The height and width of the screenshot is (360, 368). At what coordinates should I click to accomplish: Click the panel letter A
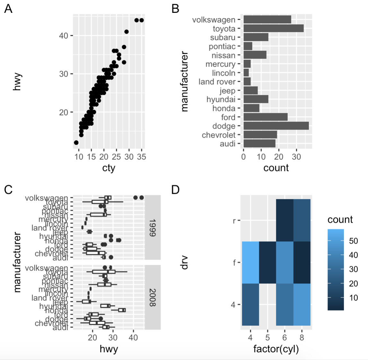coord(8,9)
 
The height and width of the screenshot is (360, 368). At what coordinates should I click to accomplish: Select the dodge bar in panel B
coord(276,126)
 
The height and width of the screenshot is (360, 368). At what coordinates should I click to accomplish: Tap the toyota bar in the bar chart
coord(273,28)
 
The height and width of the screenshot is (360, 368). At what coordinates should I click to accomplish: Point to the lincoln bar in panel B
coord(246,73)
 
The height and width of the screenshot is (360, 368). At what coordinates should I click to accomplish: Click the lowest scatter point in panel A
coord(76,142)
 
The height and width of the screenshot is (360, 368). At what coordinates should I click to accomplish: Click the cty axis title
coord(109,168)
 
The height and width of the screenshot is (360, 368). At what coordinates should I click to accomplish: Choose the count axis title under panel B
coord(276,168)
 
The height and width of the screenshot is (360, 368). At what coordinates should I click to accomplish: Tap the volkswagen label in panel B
coord(214,20)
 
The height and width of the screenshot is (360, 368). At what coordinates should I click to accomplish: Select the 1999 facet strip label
coord(153,228)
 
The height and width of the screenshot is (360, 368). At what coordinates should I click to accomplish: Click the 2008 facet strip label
coord(153,297)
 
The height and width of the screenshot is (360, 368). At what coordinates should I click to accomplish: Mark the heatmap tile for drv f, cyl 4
coord(250,262)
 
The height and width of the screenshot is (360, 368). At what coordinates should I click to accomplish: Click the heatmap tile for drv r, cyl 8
coord(302,220)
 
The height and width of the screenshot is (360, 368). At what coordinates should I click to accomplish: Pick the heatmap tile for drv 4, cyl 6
coord(285,304)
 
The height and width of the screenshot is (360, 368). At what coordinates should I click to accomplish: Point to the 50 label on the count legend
coord(353,241)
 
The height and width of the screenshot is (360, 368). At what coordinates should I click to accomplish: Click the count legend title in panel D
coord(340,220)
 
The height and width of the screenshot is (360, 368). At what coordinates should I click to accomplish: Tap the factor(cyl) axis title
coord(276,349)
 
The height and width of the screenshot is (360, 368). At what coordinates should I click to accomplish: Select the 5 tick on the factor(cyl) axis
coord(267,337)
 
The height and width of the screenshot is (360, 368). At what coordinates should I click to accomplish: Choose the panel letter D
coord(175,190)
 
